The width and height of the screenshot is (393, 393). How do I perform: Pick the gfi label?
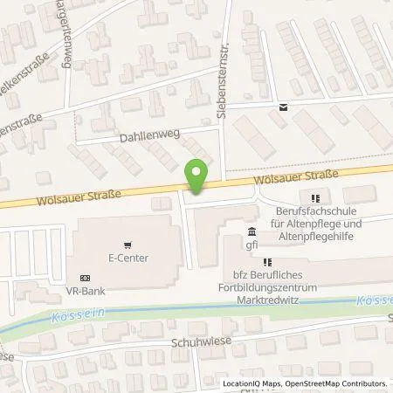click(x=252, y=245)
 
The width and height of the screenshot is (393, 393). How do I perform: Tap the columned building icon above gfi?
click(x=252, y=232)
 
